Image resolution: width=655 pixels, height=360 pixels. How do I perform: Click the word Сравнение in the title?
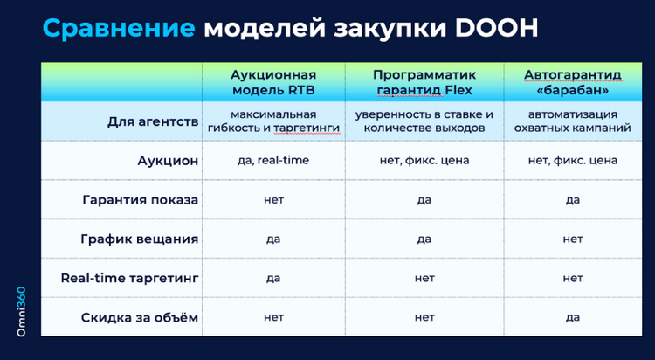point(119,29)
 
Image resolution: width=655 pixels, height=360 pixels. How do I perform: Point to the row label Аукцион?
point(168,161)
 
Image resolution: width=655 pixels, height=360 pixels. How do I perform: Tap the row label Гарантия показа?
point(140,200)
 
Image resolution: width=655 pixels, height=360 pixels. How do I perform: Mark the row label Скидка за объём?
point(141,317)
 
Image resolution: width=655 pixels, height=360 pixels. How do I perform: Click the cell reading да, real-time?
point(272,161)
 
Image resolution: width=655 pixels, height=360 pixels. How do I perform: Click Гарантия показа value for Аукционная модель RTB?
point(272,200)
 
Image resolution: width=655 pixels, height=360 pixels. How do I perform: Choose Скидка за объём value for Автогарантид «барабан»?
point(572,317)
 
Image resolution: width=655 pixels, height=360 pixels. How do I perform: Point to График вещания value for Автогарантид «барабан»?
point(572,239)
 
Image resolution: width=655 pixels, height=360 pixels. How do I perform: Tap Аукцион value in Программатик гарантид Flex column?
point(424,161)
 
